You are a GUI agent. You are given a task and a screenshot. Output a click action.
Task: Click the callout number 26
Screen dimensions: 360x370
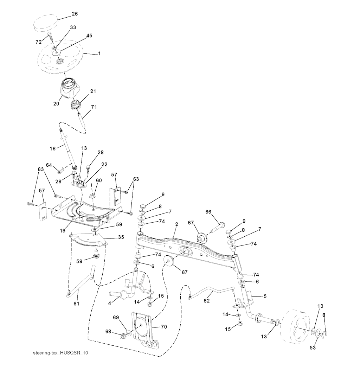(x=75, y=14)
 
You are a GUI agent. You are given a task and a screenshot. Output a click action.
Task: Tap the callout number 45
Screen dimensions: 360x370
(x=89, y=36)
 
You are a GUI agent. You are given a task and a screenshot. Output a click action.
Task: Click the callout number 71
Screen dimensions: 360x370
(x=94, y=107)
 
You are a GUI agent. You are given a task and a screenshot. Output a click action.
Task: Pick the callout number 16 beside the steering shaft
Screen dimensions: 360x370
(x=53, y=148)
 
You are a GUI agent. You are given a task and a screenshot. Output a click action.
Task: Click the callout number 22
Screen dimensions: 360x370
(x=104, y=164)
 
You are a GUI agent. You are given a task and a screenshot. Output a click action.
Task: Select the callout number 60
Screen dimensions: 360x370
(x=99, y=180)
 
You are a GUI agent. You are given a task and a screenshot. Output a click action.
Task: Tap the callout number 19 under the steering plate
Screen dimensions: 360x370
(x=63, y=231)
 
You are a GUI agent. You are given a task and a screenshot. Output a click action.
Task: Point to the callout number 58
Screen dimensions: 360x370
(x=79, y=261)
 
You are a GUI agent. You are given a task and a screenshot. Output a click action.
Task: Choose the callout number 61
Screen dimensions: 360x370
(x=76, y=304)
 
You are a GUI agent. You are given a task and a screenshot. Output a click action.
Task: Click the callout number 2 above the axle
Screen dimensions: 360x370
(x=177, y=224)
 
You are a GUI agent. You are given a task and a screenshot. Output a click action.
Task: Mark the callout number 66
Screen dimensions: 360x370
(x=208, y=212)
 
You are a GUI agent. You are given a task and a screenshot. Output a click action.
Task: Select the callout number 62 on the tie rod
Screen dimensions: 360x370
(x=206, y=301)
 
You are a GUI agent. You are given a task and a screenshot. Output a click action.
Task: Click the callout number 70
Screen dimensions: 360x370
(x=164, y=327)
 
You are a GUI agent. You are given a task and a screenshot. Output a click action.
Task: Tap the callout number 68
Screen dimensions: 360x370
(x=108, y=332)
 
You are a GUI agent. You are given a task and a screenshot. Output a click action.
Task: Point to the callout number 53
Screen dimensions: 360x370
(x=313, y=347)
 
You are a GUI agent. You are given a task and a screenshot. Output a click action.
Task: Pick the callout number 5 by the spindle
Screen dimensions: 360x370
(x=265, y=296)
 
